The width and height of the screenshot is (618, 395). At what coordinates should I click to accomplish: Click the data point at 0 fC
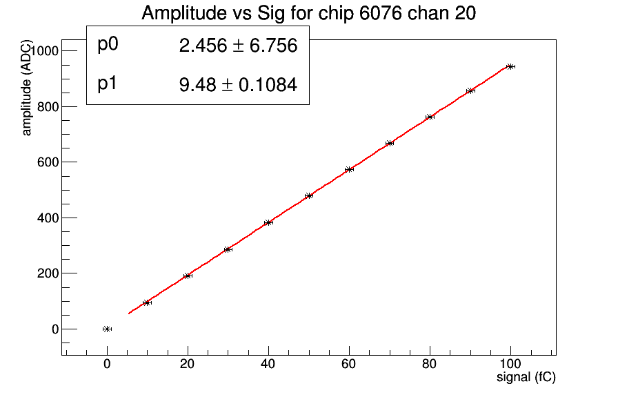(107, 329)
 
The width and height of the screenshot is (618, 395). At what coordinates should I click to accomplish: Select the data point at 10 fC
(147, 302)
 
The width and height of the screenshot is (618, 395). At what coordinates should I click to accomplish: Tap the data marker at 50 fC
(309, 195)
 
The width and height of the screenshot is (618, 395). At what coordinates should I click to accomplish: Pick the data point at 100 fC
(510, 66)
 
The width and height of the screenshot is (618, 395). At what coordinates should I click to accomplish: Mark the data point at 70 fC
(390, 143)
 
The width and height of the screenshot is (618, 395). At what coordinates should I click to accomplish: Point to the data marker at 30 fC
(228, 249)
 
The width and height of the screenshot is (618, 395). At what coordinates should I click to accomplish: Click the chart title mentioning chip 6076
(308, 13)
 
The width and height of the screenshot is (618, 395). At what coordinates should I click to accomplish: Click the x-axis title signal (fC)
(526, 378)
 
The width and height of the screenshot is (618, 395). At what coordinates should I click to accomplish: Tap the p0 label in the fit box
(108, 45)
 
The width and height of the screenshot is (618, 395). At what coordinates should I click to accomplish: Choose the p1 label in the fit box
(108, 84)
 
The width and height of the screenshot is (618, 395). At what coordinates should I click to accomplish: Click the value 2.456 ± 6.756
(238, 46)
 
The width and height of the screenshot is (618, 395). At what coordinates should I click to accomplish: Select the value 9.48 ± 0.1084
(238, 85)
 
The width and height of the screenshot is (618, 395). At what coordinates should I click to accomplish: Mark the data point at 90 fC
(470, 90)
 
